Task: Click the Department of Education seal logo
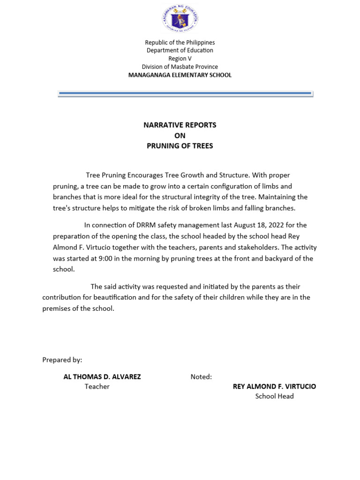click(180, 20)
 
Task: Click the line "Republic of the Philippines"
click(180, 43)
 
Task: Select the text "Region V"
click(180, 59)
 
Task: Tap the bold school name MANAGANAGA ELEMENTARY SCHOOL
click(180, 75)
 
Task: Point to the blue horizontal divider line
click(185, 94)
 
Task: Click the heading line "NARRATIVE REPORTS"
click(180, 125)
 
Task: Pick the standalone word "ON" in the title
click(180, 135)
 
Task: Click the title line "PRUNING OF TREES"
click(180, 146)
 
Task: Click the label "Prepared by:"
click(62, 360)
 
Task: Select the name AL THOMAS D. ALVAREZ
click(102, 377)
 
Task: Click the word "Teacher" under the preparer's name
click(97, 387)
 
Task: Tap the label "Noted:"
click(201, 377)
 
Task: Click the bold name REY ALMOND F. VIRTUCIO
click(274, 387)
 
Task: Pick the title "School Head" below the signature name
click(274, 396)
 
